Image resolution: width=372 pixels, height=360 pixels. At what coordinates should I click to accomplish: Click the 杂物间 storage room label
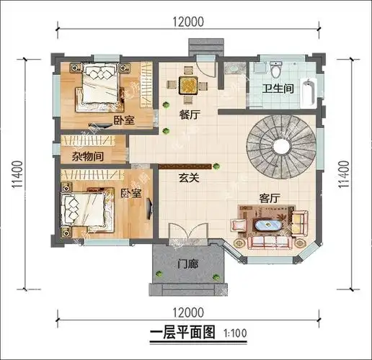(x=87, y=156)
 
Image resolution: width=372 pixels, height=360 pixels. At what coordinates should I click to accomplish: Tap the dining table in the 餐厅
(x=189, y=84)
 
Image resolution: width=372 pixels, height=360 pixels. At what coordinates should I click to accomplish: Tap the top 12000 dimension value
(x=187, y=22)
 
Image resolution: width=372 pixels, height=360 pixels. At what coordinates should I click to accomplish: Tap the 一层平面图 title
(x=183, y=333)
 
